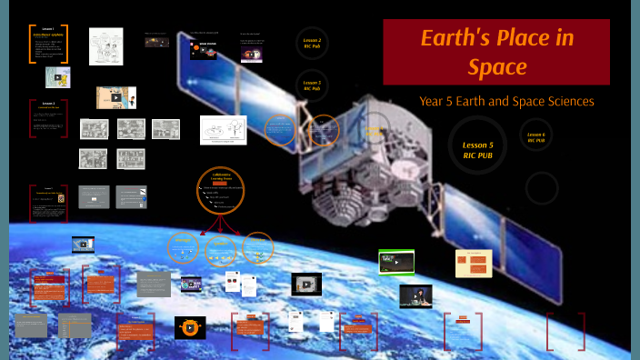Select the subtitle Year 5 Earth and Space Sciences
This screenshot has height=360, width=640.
(506, 101)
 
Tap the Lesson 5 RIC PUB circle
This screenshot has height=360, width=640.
(477, 149)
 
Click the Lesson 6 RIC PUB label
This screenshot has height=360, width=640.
(536, 137)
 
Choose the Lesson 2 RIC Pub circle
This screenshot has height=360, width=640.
(312, 43)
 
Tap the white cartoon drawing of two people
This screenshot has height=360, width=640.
(105, 45)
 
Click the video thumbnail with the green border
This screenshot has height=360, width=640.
(396, 262)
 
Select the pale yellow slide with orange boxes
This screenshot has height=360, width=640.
(474, 264)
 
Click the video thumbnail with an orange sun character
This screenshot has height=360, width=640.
(190, 327)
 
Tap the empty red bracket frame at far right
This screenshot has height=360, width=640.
(565, 331)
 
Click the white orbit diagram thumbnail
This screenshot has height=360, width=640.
(224, 130)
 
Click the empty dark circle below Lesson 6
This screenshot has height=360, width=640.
(542, 188)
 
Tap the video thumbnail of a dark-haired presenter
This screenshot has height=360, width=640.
(416, 296)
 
